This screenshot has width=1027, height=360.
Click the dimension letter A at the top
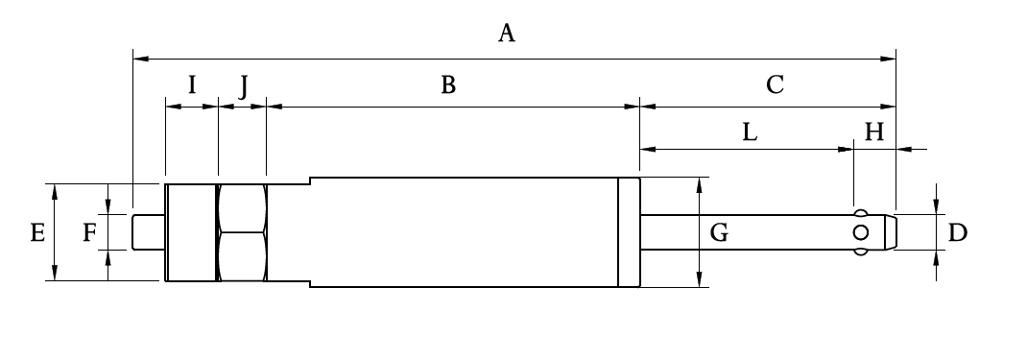pos(507,35)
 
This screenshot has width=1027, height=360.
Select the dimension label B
pos(447,85)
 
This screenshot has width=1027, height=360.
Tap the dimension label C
pos(775,85)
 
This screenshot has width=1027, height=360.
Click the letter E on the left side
pos(37,232)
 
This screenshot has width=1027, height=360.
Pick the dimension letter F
pos(89,232)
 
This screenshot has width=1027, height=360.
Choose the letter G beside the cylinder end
pos(719,231)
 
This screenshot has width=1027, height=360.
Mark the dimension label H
pos(873,132)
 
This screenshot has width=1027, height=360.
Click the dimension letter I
pos(191,85)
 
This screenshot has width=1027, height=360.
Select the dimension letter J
pos(244,86)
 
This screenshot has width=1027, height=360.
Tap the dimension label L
pos(750,132)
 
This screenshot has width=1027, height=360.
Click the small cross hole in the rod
pos(861,232)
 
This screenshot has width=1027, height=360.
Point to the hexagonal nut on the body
pos(243,231)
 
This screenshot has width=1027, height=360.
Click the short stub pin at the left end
pos(149,231)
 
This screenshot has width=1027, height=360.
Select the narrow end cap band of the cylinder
pos(629,232)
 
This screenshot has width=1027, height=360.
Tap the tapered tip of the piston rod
pos(891,232)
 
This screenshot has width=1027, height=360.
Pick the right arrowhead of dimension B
pos(633,107)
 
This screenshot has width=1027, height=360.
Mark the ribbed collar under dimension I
pos(191,231)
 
